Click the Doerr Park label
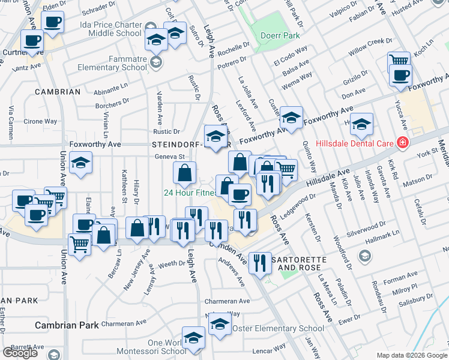pyautogui.click(x=280, y=36)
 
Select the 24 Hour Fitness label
pyautogui.click(x=190, y=193)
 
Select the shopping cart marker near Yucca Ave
pyautogui.click(x=399, y=61)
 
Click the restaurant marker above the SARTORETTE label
pyautogui.click(x=260, y=262)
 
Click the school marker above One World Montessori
pyautogui.click(x=193, y=337)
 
